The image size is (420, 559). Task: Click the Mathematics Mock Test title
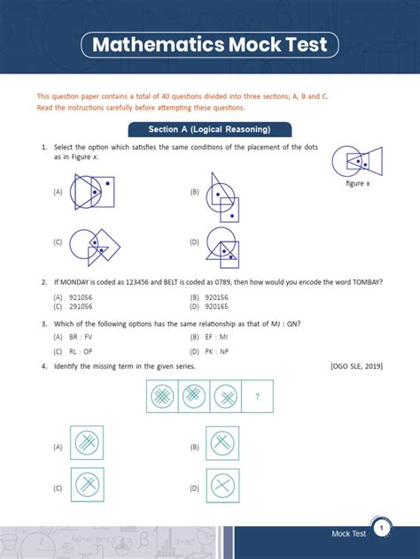click(210, 44)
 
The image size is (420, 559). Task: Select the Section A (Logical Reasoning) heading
click(210, 129)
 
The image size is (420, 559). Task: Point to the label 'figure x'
click(358, 183)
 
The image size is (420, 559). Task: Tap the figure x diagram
click(357, 161)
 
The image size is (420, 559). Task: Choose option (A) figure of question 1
click(92, 191)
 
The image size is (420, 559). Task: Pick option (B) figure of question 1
click(222, 197)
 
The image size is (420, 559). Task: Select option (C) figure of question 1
click(95, 248)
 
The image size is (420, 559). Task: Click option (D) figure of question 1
click(222, 248)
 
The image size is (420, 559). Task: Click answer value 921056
click(81, 297)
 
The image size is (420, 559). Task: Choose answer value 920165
click(216, 307)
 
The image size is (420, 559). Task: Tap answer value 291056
click(81, 307)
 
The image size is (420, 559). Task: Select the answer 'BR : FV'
click(81, 337)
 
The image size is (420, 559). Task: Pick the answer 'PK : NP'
click(217, 351)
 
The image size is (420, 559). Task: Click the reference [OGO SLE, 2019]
click(357, 366)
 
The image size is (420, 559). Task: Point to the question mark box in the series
click(258, 396)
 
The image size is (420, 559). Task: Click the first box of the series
click(162, 396)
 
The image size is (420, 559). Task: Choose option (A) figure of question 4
click(87, 442)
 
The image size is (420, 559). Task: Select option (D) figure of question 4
click(223, 486)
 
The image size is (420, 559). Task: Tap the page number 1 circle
click(381, 528)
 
